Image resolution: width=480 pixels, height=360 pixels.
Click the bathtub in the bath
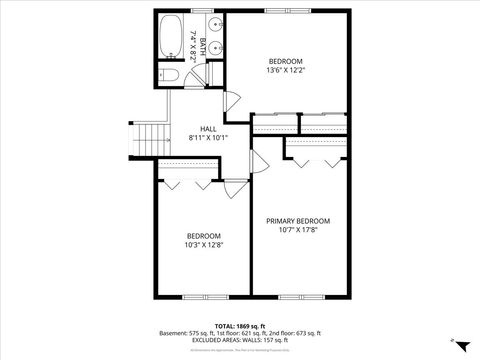coord(170,38)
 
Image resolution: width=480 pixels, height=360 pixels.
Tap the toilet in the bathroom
coord(170,76)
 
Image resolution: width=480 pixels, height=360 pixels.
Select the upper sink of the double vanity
coord(216,26)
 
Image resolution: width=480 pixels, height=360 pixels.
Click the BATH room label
coord(202,45)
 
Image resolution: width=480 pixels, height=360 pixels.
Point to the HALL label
coord(208,129)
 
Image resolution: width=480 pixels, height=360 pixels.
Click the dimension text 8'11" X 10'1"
coord(208,138)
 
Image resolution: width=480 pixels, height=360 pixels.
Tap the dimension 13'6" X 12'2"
coord(285,70)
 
